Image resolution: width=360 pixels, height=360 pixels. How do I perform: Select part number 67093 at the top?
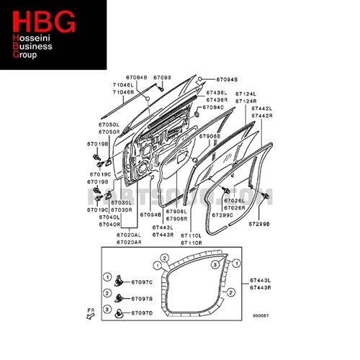(163, 77)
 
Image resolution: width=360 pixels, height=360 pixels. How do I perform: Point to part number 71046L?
(122, 86)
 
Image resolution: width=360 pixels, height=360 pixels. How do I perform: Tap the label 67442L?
(261, 108)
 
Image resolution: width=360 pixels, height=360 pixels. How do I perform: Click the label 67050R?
(109, 132)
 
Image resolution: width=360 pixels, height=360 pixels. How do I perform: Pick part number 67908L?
(176, 212)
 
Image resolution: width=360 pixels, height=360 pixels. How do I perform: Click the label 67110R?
(191, 242)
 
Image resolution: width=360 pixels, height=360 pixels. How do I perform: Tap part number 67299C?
(223, 215)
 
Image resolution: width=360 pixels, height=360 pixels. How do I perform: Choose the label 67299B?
(259, 224)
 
